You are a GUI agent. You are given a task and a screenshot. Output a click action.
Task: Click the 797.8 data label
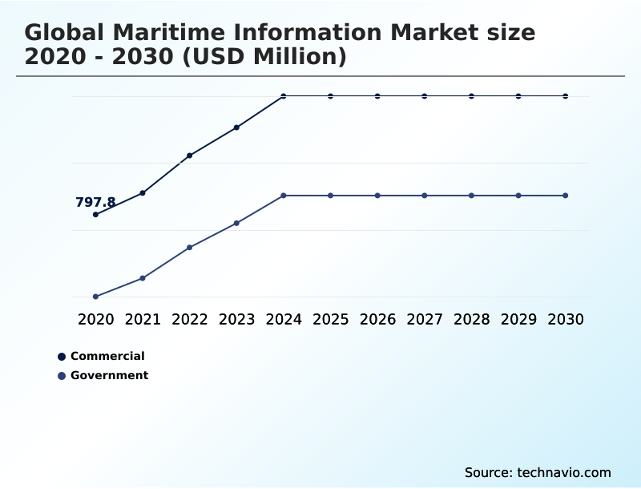(95, 203)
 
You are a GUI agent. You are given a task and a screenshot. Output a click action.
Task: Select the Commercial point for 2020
(95, 215)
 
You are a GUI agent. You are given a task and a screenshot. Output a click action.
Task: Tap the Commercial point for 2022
(190, 156)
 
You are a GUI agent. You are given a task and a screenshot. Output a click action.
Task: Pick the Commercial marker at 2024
(284, 96)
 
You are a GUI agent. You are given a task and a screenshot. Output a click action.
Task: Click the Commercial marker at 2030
(566, 96)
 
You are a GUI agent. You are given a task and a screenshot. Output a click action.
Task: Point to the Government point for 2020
(95, 297)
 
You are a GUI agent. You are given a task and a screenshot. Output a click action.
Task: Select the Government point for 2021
(143, 278)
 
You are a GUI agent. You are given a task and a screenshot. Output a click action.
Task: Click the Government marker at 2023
(236, 223)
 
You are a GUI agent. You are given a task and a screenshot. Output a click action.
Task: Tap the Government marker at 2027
(425, 196)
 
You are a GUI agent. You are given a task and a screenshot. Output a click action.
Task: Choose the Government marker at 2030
(566, 196)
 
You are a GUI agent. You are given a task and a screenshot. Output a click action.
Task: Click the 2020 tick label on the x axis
(95, 320)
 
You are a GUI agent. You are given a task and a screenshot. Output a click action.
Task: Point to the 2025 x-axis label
(330, 320)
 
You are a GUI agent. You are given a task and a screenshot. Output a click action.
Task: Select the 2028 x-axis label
(471, 320)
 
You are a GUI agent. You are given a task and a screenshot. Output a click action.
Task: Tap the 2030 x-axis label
(566, 320)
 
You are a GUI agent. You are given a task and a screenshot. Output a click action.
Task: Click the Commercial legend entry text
(107, 356)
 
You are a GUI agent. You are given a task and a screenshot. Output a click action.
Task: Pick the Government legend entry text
(109, 375)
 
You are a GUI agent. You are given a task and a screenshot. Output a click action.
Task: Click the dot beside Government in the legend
(61, 376)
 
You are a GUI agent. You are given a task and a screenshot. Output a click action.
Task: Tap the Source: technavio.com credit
(538, 472)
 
